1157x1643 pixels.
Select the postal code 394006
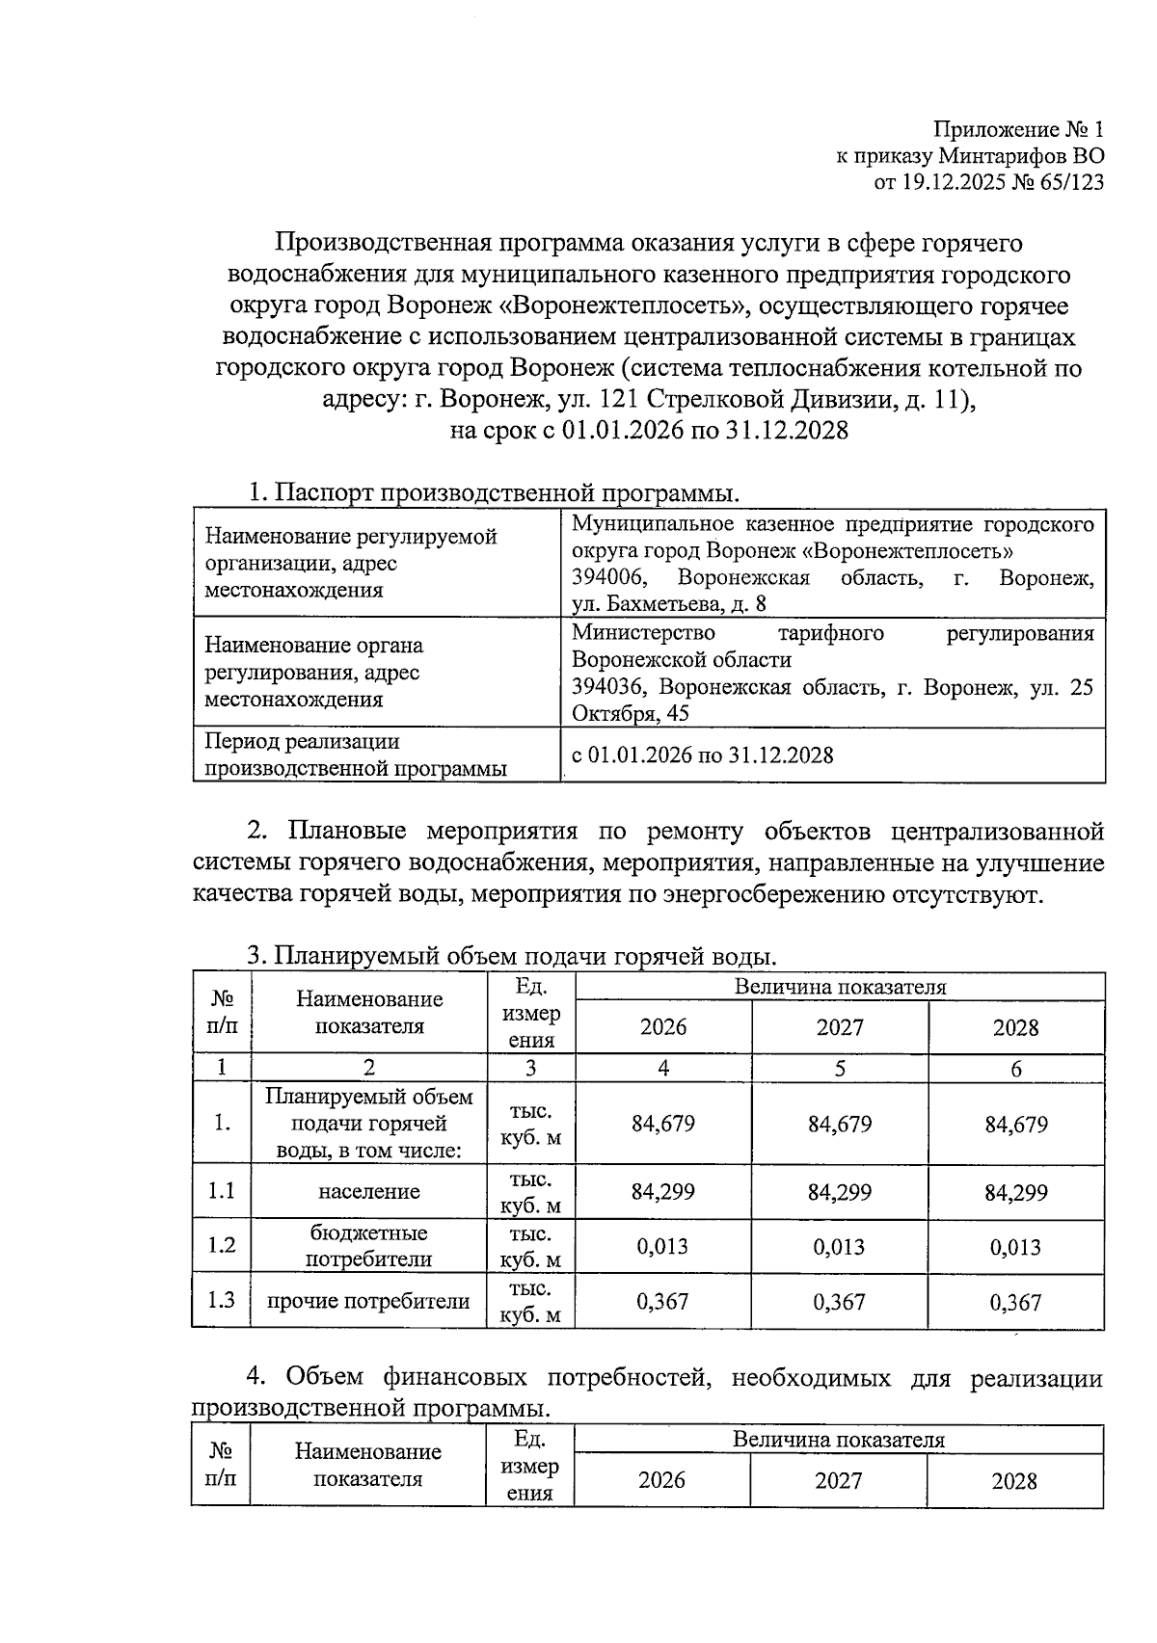(608, 578)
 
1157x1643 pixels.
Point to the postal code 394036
(608, 688)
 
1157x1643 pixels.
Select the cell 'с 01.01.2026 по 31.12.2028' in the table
(703, 755)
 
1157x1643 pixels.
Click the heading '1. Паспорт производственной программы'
(494, 493)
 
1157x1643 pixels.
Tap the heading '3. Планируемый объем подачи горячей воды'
(511, 956)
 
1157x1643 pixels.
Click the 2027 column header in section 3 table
(840, 1027)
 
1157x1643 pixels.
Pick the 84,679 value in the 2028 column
(1016, 1125)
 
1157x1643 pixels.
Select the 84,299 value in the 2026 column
(663, 1192)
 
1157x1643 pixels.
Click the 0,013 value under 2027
(840, 1247)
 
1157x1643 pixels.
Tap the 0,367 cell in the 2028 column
(1016, 1303)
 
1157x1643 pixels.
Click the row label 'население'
(369, 1192)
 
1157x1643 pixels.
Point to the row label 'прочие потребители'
(369, 1302)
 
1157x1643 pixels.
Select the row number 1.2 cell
(222, 1245)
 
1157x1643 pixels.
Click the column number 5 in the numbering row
(840, 1069)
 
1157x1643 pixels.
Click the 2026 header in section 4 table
(662, 1480)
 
